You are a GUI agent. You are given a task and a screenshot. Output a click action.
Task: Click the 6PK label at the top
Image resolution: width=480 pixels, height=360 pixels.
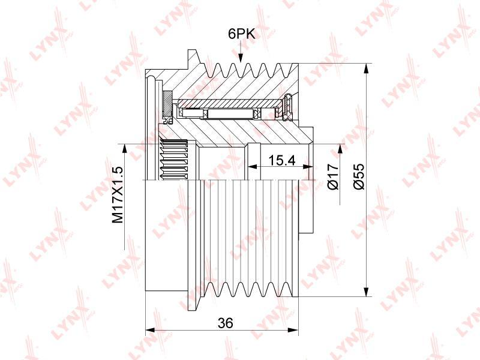[242, 34]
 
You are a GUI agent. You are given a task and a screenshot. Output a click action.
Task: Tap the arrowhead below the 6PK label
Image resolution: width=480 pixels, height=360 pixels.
[241, 58]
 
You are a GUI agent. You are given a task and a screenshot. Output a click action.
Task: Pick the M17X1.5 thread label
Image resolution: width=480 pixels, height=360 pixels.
[118, 194]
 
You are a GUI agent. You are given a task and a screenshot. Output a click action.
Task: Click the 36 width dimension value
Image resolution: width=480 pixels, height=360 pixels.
[226, 323]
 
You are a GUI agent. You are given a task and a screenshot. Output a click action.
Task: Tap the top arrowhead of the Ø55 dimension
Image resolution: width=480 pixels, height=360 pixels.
[365, 68]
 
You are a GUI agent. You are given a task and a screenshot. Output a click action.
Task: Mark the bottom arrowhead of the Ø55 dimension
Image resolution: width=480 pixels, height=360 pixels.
[365, 292]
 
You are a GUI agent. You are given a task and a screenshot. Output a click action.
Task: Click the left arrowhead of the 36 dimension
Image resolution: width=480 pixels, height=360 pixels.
[151, 330]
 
